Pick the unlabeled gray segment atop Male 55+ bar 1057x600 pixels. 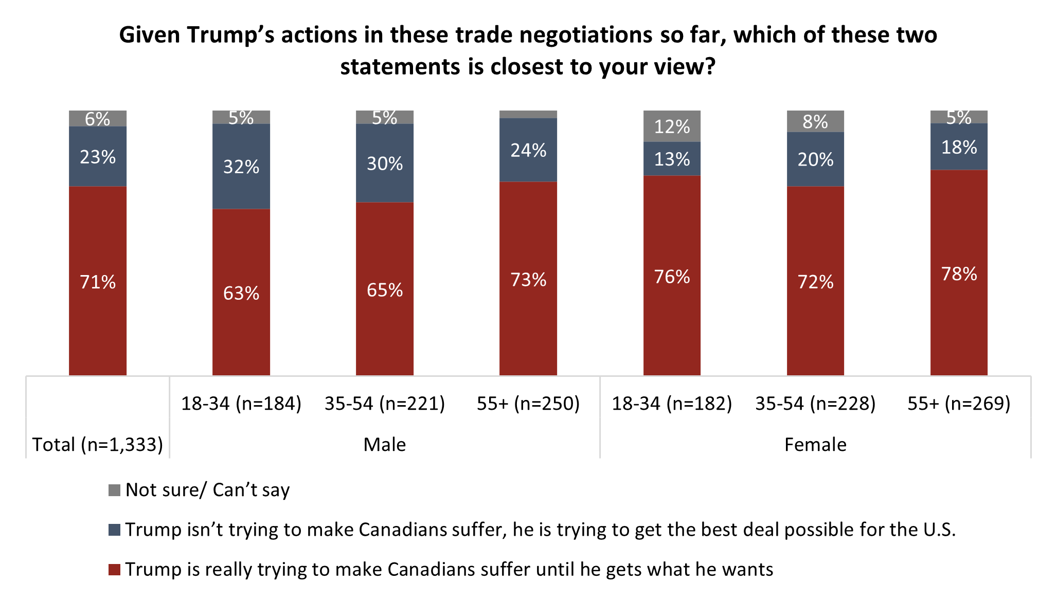pos(528,114)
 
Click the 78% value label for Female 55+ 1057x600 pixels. pos(959,274)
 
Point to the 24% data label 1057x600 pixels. pos(528,151)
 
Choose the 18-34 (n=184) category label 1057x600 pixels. pos(241,404)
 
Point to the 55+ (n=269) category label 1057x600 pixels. pos(959,404)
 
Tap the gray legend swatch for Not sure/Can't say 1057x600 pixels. pos(114,490)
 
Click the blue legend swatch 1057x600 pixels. pos(114,530)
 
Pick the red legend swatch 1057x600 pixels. pos(114,570)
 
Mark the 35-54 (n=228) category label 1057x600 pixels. pos(815,404)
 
